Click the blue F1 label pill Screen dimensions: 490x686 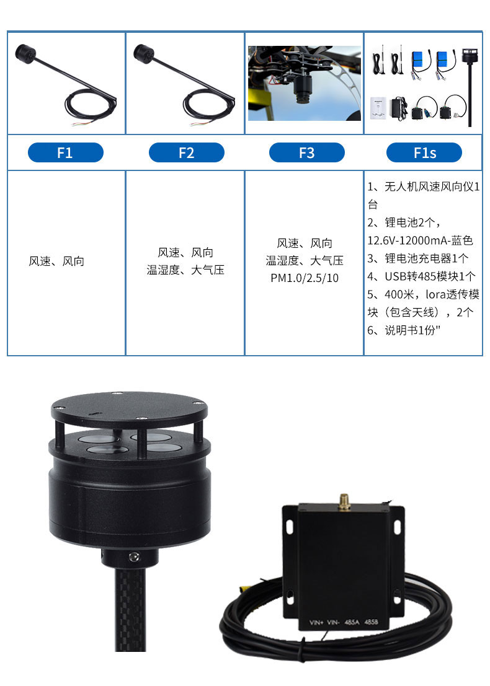(x=66, y=152)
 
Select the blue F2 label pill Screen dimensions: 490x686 (x=187, y=152)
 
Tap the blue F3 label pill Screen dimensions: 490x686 (x=307, y=152)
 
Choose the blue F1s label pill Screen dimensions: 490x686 (x=424, y=152)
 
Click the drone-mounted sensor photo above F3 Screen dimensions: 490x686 (x=305, y=83)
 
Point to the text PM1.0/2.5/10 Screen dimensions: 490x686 (x=305, y=278)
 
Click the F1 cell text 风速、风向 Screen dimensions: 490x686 (x=56, y=261)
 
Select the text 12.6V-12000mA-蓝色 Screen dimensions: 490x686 (x=420, y=240)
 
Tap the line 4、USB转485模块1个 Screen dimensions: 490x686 (x=421, y=276)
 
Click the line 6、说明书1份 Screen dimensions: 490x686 (x=404, y=330)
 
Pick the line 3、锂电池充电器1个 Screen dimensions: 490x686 (x=418, y=258)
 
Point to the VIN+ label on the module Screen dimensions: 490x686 (x=316, y=622)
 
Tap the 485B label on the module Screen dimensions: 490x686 (x=371, y=622)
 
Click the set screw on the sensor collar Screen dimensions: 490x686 (x=134, y=556)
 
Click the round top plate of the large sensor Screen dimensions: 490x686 (x=129, y=410)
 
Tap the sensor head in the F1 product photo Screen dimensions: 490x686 (x=25, y=53)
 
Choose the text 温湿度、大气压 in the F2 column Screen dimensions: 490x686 (x=185, y=270)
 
